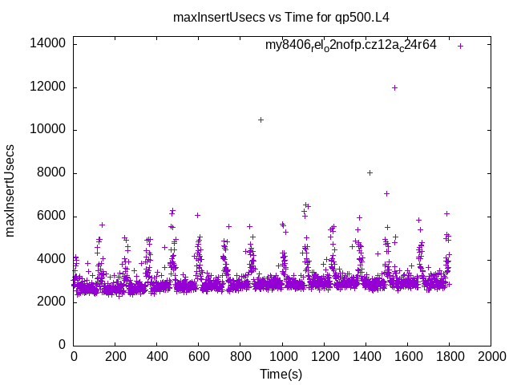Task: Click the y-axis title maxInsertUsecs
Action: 10,190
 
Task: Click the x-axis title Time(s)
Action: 281,374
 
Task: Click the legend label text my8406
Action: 351,45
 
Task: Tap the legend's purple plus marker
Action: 461,46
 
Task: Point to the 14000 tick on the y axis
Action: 49,44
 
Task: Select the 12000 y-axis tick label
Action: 49,87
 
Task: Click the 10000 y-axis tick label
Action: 49,130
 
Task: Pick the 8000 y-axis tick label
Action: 52,173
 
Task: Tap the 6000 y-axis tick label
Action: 52,217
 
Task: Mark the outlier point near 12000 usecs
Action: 394,87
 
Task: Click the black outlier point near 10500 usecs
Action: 261,120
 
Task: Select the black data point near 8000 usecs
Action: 370,172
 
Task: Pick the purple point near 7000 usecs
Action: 386,193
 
